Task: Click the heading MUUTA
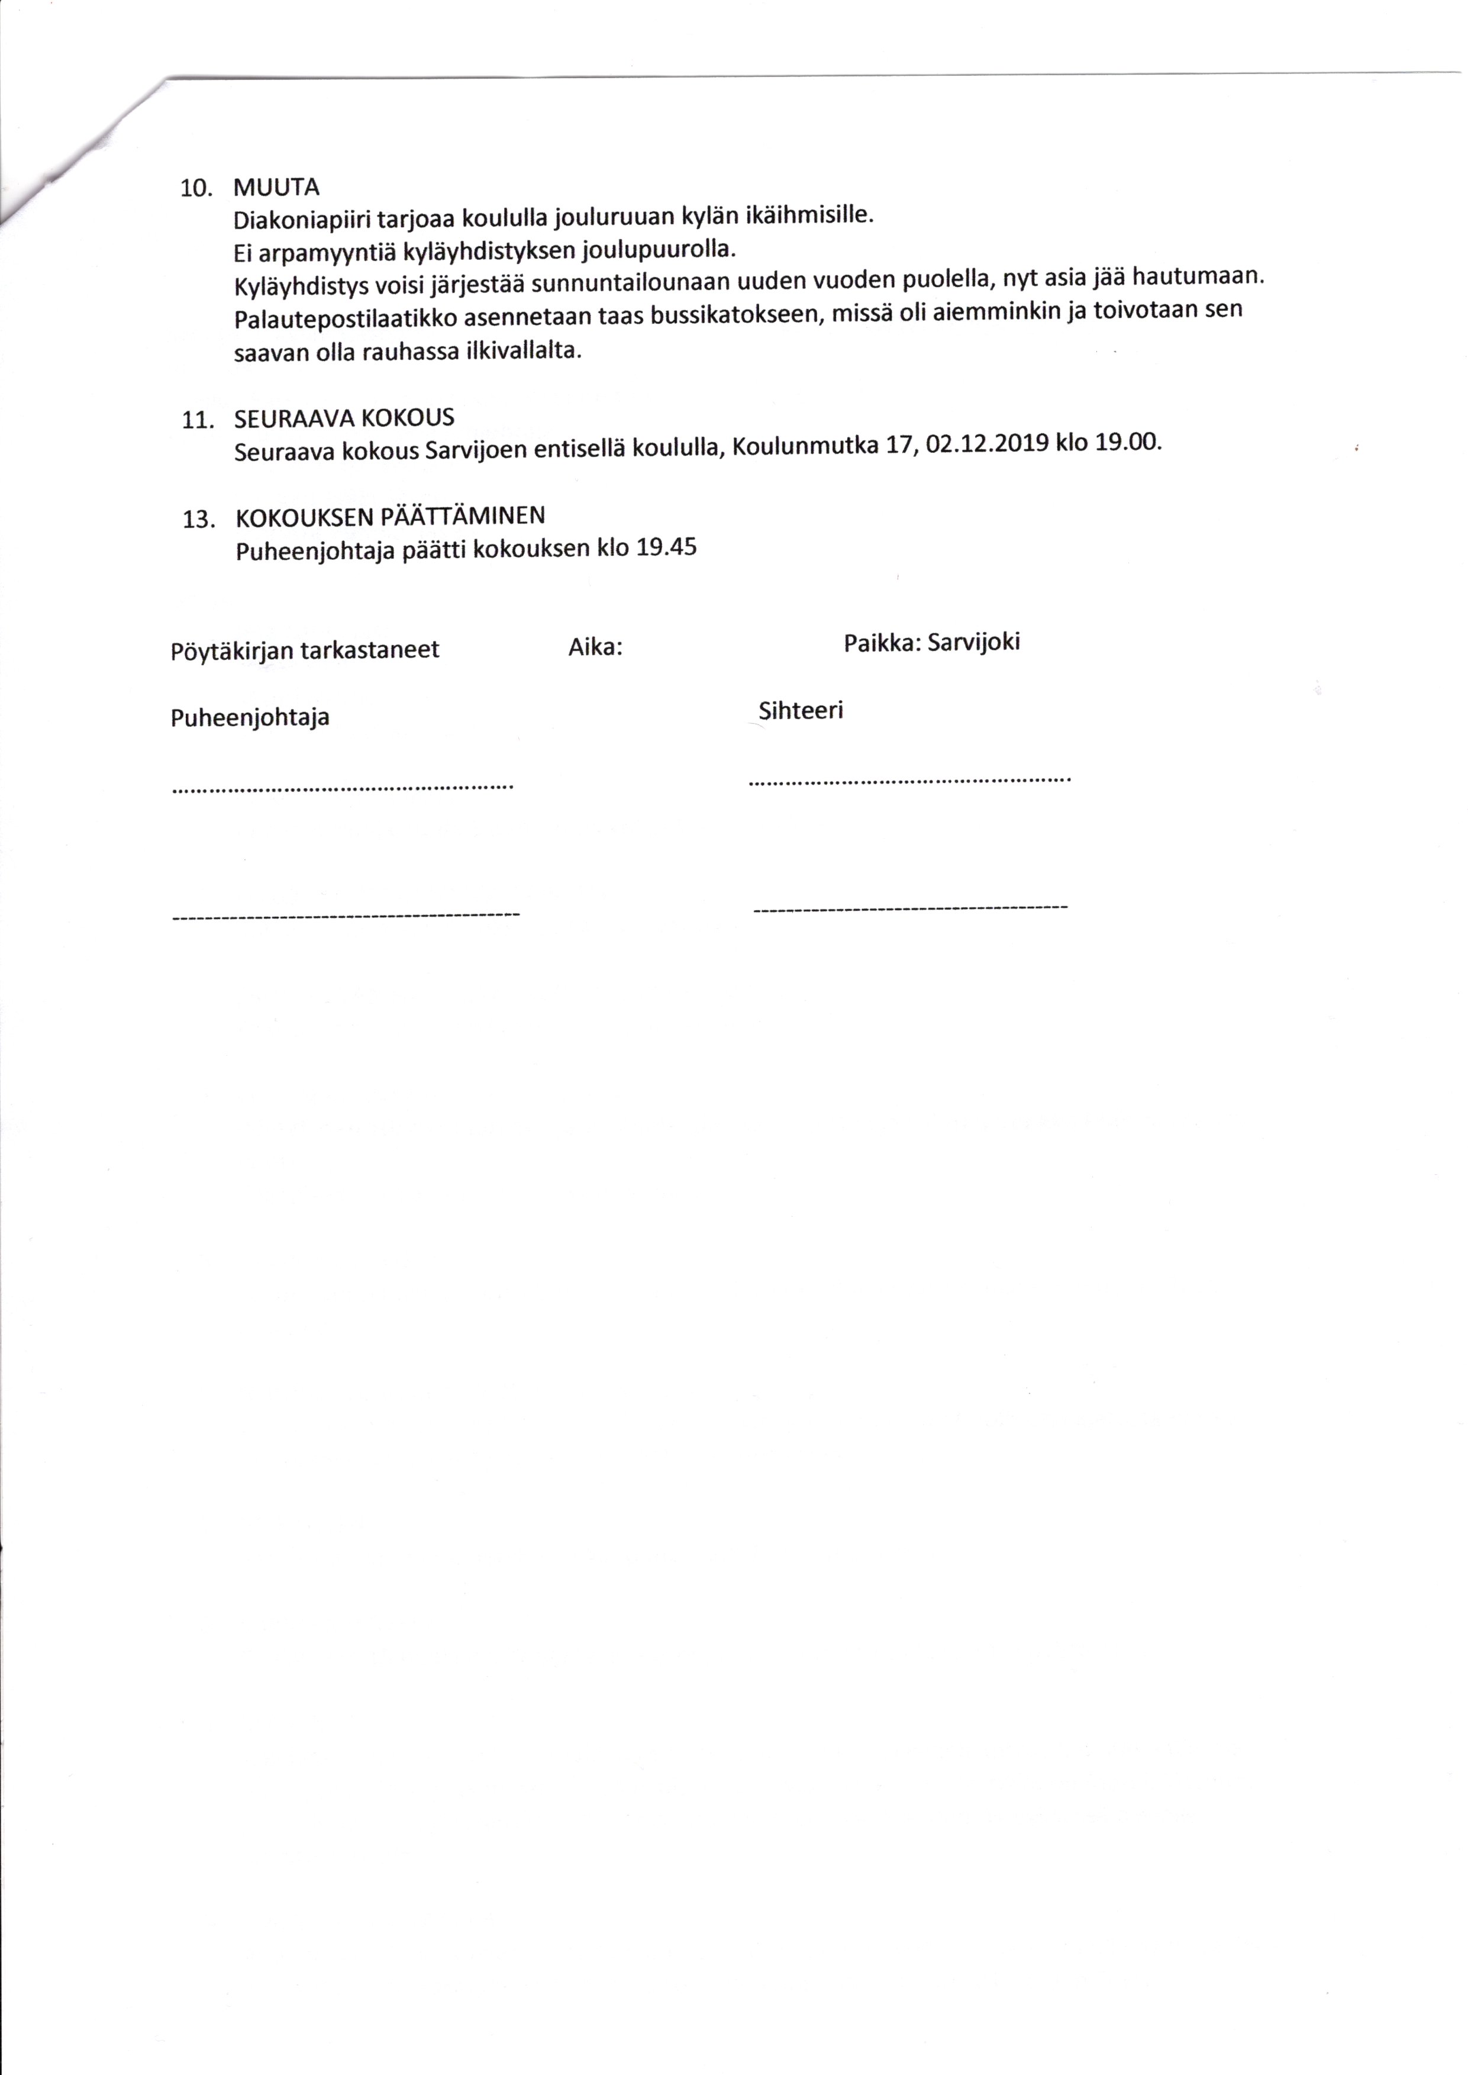(x=276, y=188)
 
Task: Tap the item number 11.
(x=196, y=420)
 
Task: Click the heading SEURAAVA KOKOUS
(x=344, y=418)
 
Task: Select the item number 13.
(x=198, y=520)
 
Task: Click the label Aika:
(x=595, y=647)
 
